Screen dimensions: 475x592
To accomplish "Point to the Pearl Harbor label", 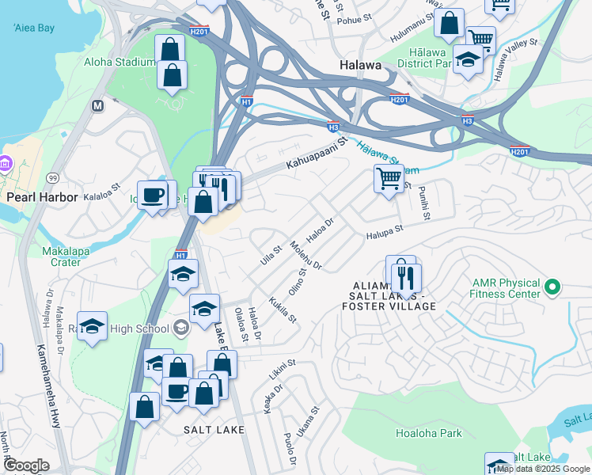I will [x=42, y=196].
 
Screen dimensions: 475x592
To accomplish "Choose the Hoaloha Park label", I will [x=428, y=434].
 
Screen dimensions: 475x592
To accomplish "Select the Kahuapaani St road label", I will [x=316, y=156].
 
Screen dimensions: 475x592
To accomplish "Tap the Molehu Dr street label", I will [x=306, y=256].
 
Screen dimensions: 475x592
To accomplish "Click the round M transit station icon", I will [x=98, y=104].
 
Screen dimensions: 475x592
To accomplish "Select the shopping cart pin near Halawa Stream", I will [x=389, y=180].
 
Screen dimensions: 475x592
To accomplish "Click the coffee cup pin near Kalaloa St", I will [x=153, y=194].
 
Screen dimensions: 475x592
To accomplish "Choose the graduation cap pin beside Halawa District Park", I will [x=468, y=60].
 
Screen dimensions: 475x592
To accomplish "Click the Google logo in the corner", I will [x=26, y=465].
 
